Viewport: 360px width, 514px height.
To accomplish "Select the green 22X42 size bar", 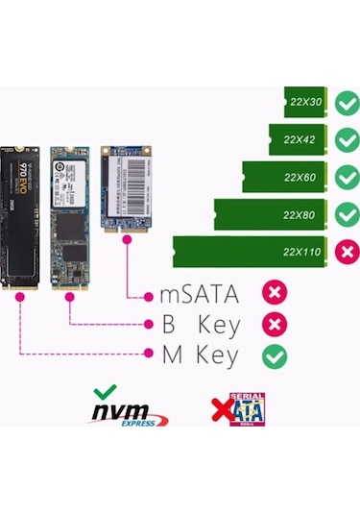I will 299,139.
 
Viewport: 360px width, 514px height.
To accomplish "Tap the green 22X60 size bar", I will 284,177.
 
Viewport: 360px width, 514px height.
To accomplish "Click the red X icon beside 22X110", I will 347,251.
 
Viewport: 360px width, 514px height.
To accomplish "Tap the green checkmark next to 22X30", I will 347,102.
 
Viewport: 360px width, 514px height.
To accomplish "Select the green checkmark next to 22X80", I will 347,213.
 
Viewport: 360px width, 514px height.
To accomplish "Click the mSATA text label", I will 199,294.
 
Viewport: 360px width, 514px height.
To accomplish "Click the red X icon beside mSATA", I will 276,293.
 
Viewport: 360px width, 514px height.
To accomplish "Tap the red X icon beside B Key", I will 276,324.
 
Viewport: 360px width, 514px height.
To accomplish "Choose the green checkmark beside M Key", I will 276,355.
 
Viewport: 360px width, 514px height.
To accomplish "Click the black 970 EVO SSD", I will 20,217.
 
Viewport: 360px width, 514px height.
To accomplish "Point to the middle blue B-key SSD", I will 70,217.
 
